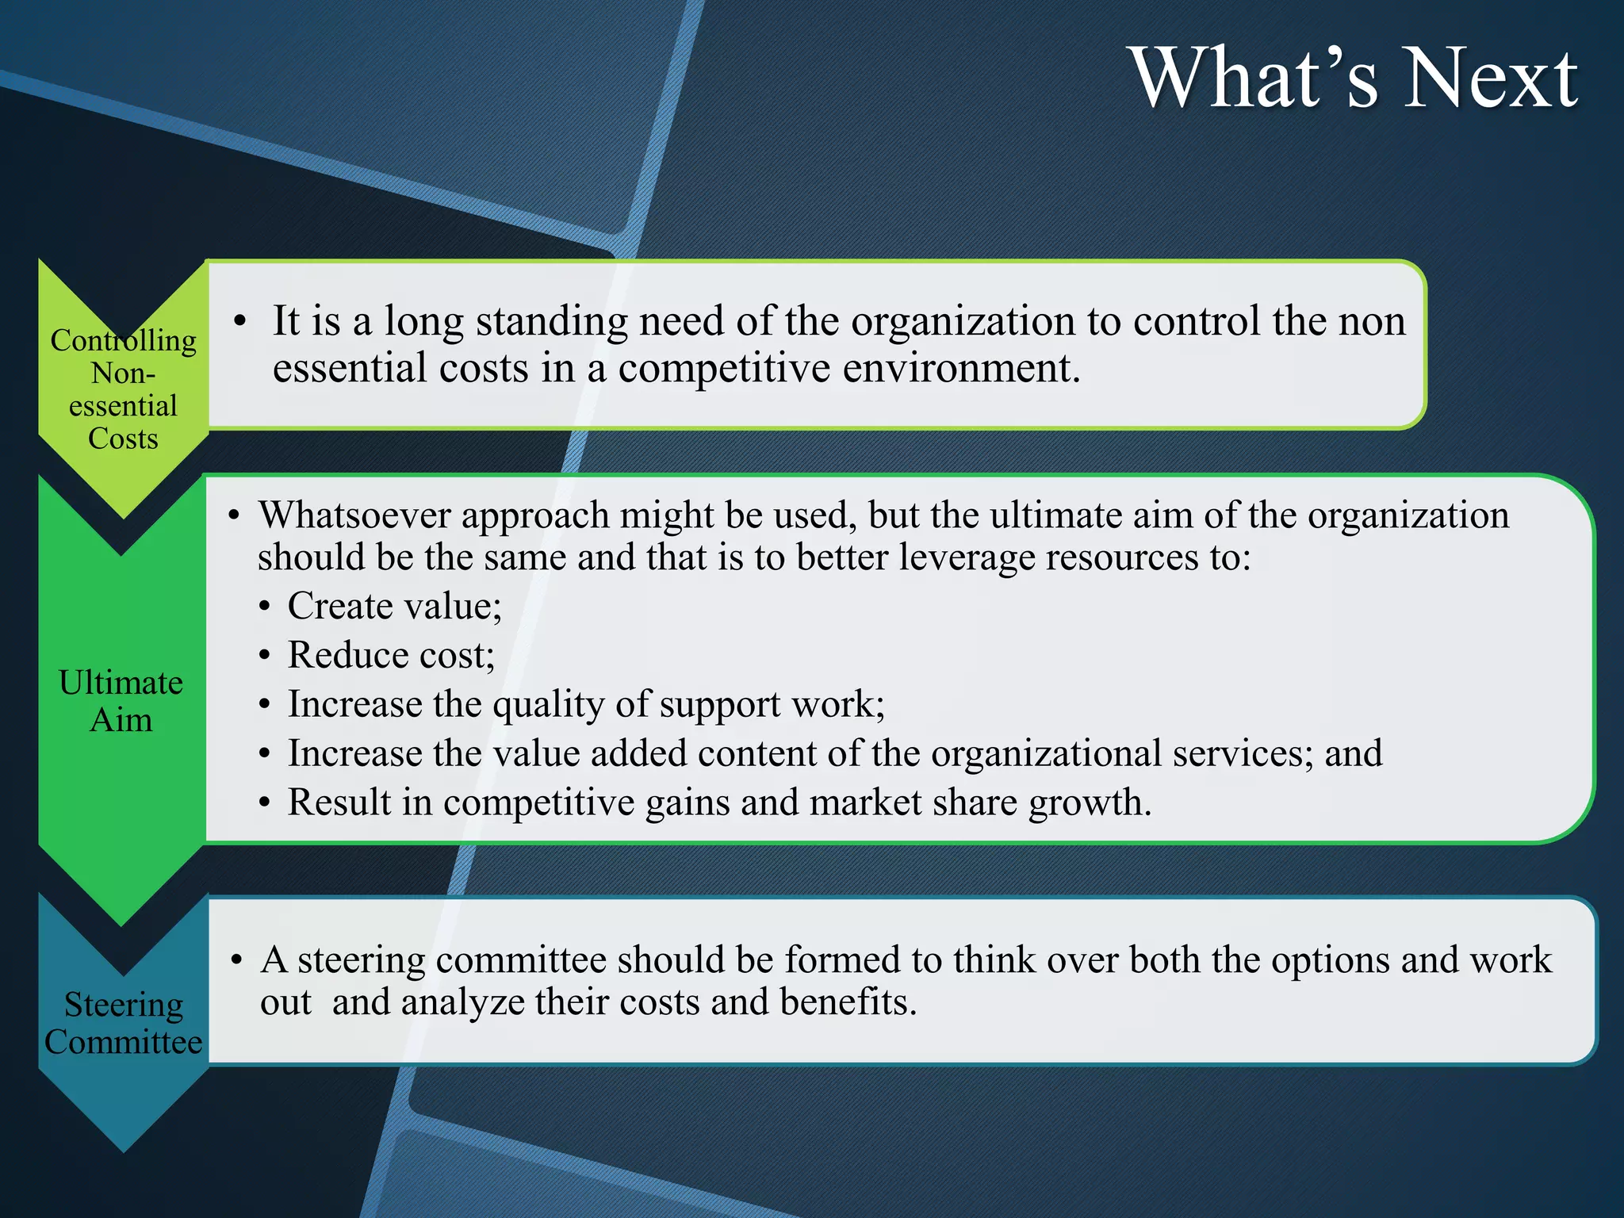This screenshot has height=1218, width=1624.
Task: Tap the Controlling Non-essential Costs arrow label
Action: coord(123,389)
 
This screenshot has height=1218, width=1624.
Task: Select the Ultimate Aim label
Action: coord(121,701)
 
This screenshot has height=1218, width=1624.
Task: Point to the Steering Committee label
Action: coord(123,1023)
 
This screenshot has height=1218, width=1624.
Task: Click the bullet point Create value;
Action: coord(394,607)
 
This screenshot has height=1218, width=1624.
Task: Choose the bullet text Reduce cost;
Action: coord(391,656)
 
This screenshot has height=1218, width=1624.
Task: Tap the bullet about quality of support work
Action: coord(585,705)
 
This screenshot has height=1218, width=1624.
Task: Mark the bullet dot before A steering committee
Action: coord(236,961)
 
